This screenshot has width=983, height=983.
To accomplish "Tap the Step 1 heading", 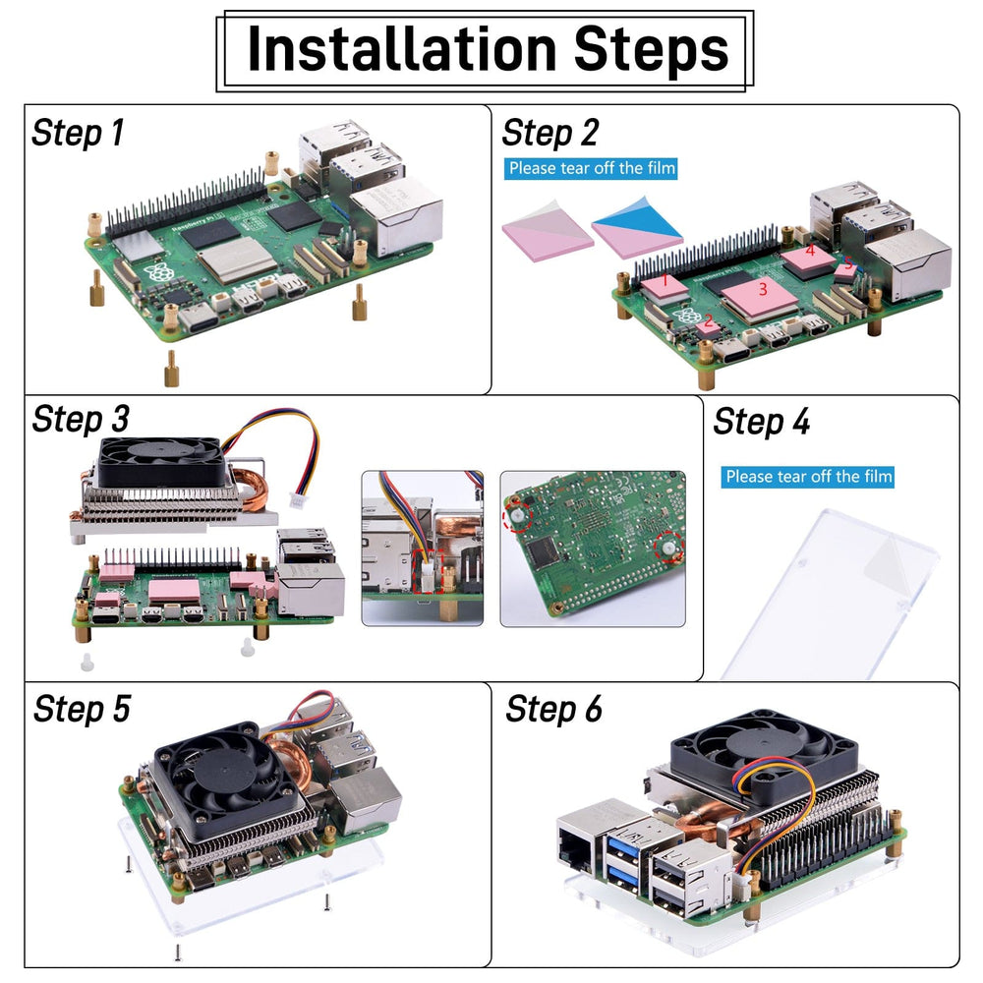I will click(79, 133).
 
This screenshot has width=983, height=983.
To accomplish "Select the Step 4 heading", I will click(762, 422).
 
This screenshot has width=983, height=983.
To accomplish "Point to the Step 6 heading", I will click(553, 709).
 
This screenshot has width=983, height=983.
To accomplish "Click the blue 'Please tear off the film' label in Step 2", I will click(592, 168).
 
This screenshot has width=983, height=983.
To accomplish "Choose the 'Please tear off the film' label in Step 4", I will click(809, 477).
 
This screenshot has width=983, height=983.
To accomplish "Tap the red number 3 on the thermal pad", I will click(762, 290).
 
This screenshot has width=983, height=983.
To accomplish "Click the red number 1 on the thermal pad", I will click(665, 282).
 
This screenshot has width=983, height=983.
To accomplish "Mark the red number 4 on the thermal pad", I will click(810, 252).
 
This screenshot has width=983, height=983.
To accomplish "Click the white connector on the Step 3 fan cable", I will click(296, 501).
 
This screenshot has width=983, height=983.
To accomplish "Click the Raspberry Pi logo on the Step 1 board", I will click(154, 272).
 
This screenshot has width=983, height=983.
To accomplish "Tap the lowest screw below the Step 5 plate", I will click(177, 951).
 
